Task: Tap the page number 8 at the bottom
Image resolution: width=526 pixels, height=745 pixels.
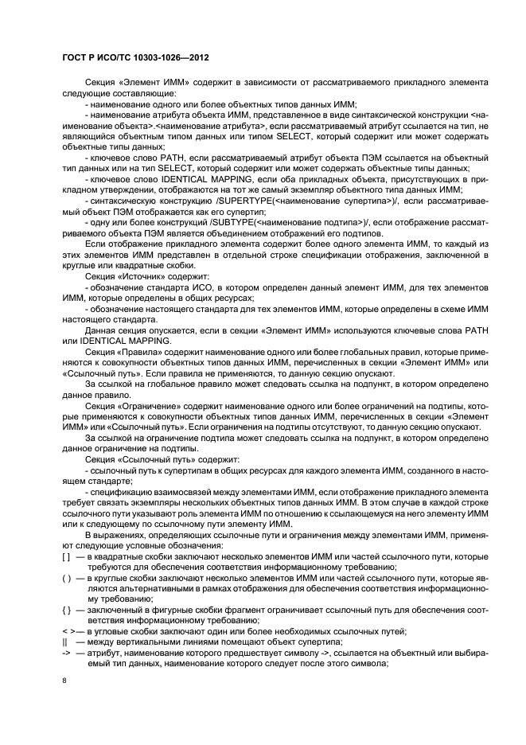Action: pyautogui.click(x=64, y=681)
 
